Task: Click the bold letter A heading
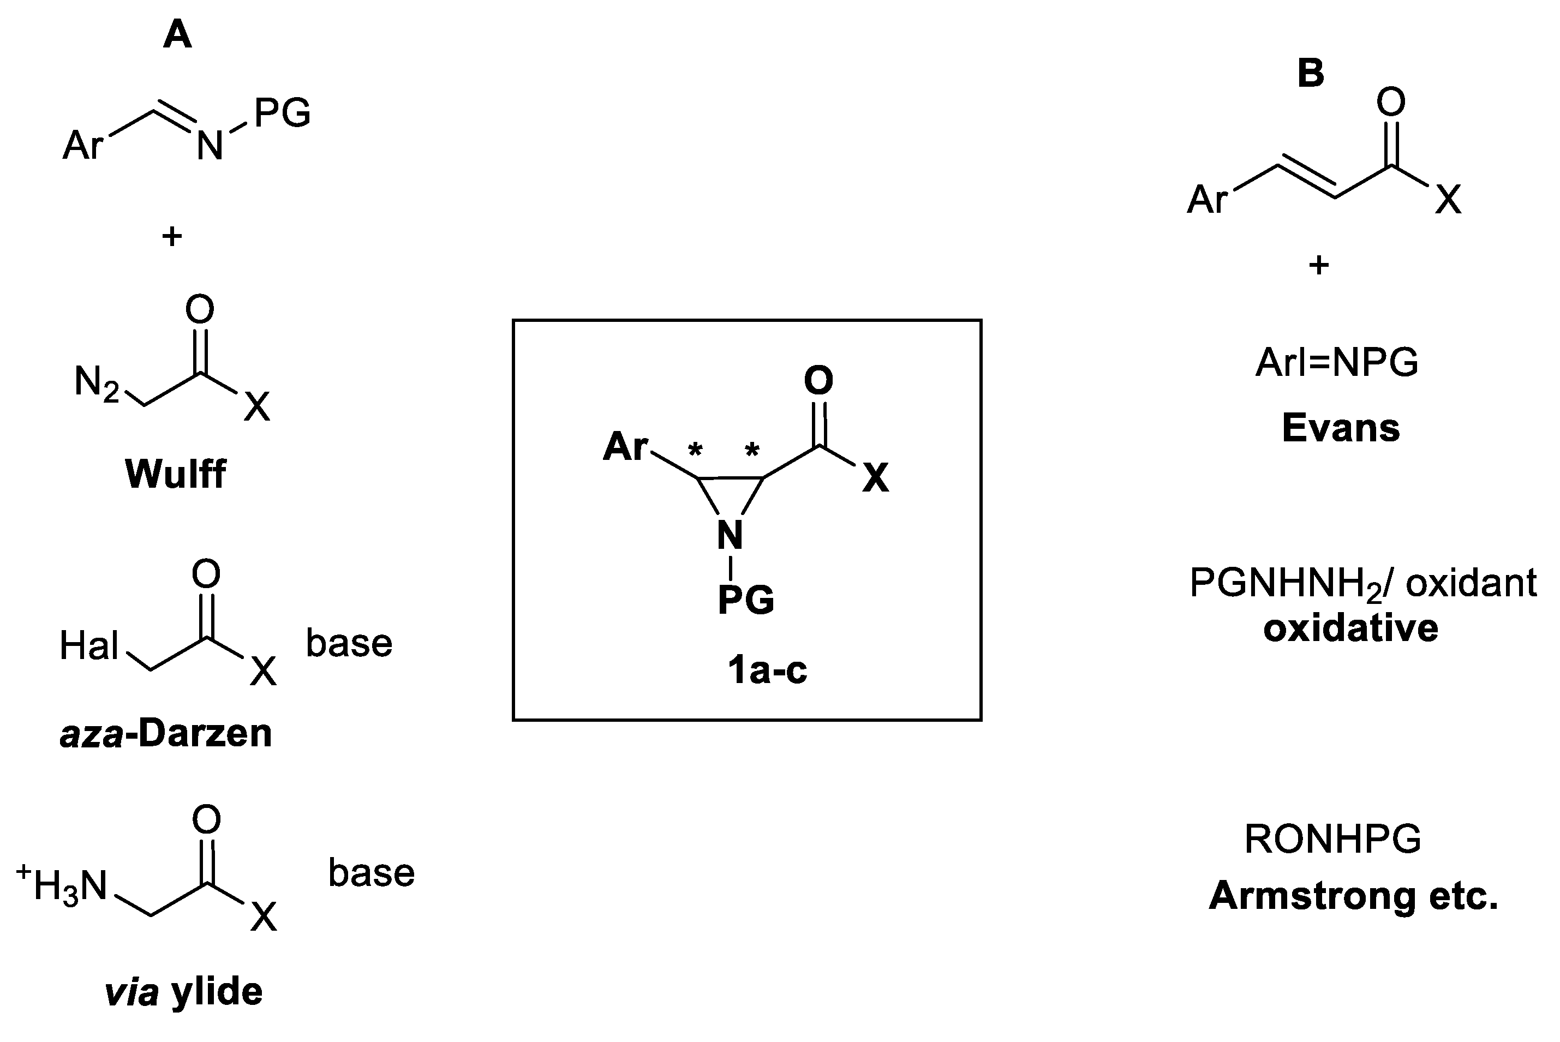point(177,34)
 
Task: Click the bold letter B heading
point(1310,73)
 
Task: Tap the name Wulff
point(176,474)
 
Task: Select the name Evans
point(1341,428)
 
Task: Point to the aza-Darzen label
point(166,734)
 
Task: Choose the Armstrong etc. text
point(1353,896)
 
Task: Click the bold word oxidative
point(1350,628)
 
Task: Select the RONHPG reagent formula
point(1332,839)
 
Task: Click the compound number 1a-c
point(767,670)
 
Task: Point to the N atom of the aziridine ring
point(730,535)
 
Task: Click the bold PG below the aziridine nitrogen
point(746,600)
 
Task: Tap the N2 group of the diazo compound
point(97,384)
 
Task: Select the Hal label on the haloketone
point(89,645)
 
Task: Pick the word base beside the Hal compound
point(349,643)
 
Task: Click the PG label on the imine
point(282,113)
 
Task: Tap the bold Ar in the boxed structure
point(625,447)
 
